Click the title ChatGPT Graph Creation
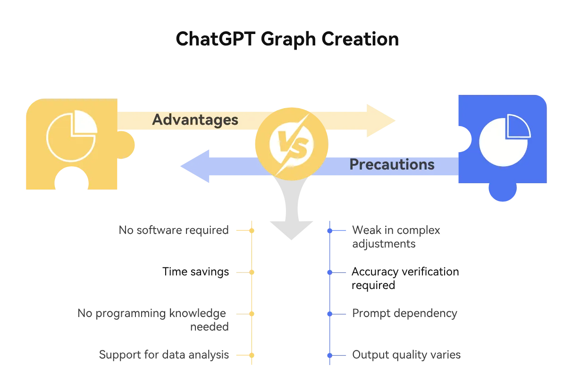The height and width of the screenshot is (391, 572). pyautogui.click(x=287, y=39)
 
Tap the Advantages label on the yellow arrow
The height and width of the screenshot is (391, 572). pyautogui.click(x=195, y=119)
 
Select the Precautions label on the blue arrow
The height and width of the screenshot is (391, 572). pyautogui.click(x=392, y=164)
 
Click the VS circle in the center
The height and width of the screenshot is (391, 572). pyautogui.click(x=291, y=144)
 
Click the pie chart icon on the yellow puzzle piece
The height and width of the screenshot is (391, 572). pyautogui.click(x=72, y=136)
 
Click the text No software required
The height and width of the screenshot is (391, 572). pyautogui.click(x=174, y=230)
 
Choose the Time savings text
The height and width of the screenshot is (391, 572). pyautogui.click(x=195, y=272)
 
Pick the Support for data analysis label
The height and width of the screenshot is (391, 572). pyautogui.click(x=164, y=355)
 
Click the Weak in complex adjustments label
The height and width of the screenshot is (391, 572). pyautogui.click(x=396, y=237)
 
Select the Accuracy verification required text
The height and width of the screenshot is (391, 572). pyautogui.click(x=405, y=278)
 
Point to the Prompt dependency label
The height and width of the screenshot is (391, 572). pyautogui.click(x=404, y=314)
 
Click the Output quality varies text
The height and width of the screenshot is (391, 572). pyautogui.click(x=406, y=355)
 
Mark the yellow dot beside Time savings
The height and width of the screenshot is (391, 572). pyautogui.click(x=252, y=272)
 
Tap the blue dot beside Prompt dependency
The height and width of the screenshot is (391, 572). pyautogui.click(x=330, y=314)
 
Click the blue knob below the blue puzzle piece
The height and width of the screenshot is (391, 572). pyautogui.click(x=503, y=192)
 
